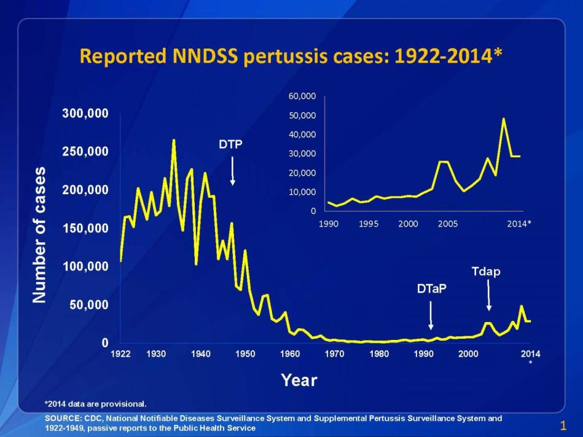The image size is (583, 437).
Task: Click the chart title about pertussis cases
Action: (291, 57)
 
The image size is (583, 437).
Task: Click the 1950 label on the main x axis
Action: (245, 353)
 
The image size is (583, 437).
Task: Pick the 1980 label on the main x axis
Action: (379, 353)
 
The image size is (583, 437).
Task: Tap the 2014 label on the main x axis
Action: (530, 353)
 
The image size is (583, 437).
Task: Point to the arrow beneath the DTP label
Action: (232, 170)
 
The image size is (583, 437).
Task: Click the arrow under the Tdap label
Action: (489, 296)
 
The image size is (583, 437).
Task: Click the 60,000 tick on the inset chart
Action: (302, 96)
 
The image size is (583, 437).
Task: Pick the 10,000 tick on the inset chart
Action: (302, 192)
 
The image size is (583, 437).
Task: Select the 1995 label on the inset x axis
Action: (369, 224)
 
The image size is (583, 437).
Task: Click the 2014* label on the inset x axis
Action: (519, 224)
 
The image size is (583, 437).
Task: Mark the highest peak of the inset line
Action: (504, 119)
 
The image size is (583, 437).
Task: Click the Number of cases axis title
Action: (39, 234)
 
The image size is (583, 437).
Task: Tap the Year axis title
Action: (299, 380)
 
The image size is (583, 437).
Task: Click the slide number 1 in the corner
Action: (563, 425)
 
